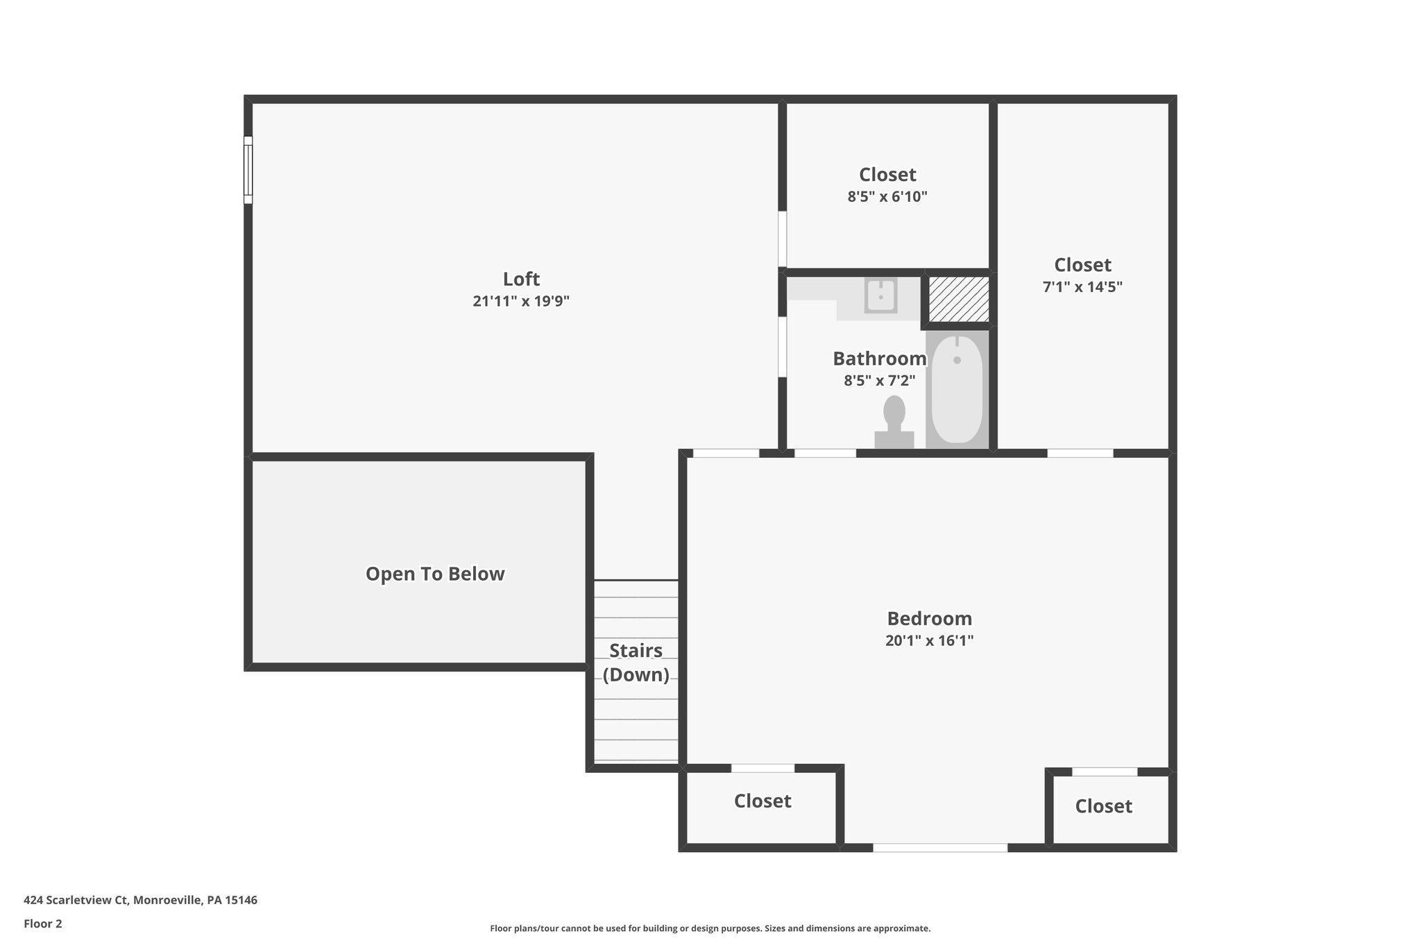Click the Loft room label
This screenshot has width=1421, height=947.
pos(521,279)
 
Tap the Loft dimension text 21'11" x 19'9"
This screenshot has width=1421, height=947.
pos(521,301)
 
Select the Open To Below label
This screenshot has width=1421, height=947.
pos(435,574)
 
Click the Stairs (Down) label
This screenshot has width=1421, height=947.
pos(636,663)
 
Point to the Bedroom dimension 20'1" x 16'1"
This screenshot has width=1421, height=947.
pos(929,640)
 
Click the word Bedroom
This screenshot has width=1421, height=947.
pos(929,618)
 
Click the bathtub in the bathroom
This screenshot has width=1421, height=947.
pos(957,389)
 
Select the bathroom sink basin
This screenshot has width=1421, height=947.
pos(880,296)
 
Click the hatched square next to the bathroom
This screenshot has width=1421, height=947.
pos(958,299)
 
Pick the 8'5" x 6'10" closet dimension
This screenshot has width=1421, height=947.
pos(887,196)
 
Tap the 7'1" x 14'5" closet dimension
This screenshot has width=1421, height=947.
pos(1082,287)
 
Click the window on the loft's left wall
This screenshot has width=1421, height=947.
pos(248,170)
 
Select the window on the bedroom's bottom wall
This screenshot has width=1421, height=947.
pos(939,847)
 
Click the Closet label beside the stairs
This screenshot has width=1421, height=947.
pos(763,801)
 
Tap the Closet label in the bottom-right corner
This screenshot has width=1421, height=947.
pos(1103,805)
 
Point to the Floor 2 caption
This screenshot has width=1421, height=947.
pos(43,923)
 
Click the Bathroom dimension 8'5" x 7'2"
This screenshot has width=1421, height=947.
pos(879,380)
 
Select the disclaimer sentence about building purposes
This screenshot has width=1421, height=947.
pos(710,928)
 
